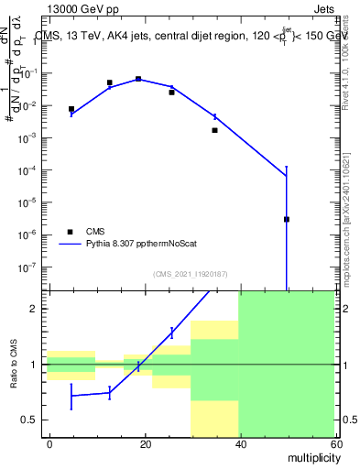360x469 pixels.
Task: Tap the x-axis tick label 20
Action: point(144,443)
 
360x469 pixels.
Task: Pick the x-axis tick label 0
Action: point(49,443)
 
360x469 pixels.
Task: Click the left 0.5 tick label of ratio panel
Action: point(32,420)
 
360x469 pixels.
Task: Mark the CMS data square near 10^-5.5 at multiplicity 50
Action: point(287,219)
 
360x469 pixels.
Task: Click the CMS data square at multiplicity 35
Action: point(214,130)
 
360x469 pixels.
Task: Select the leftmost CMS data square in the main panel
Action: point(71,109)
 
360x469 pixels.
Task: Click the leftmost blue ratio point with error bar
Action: point(71,396)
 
